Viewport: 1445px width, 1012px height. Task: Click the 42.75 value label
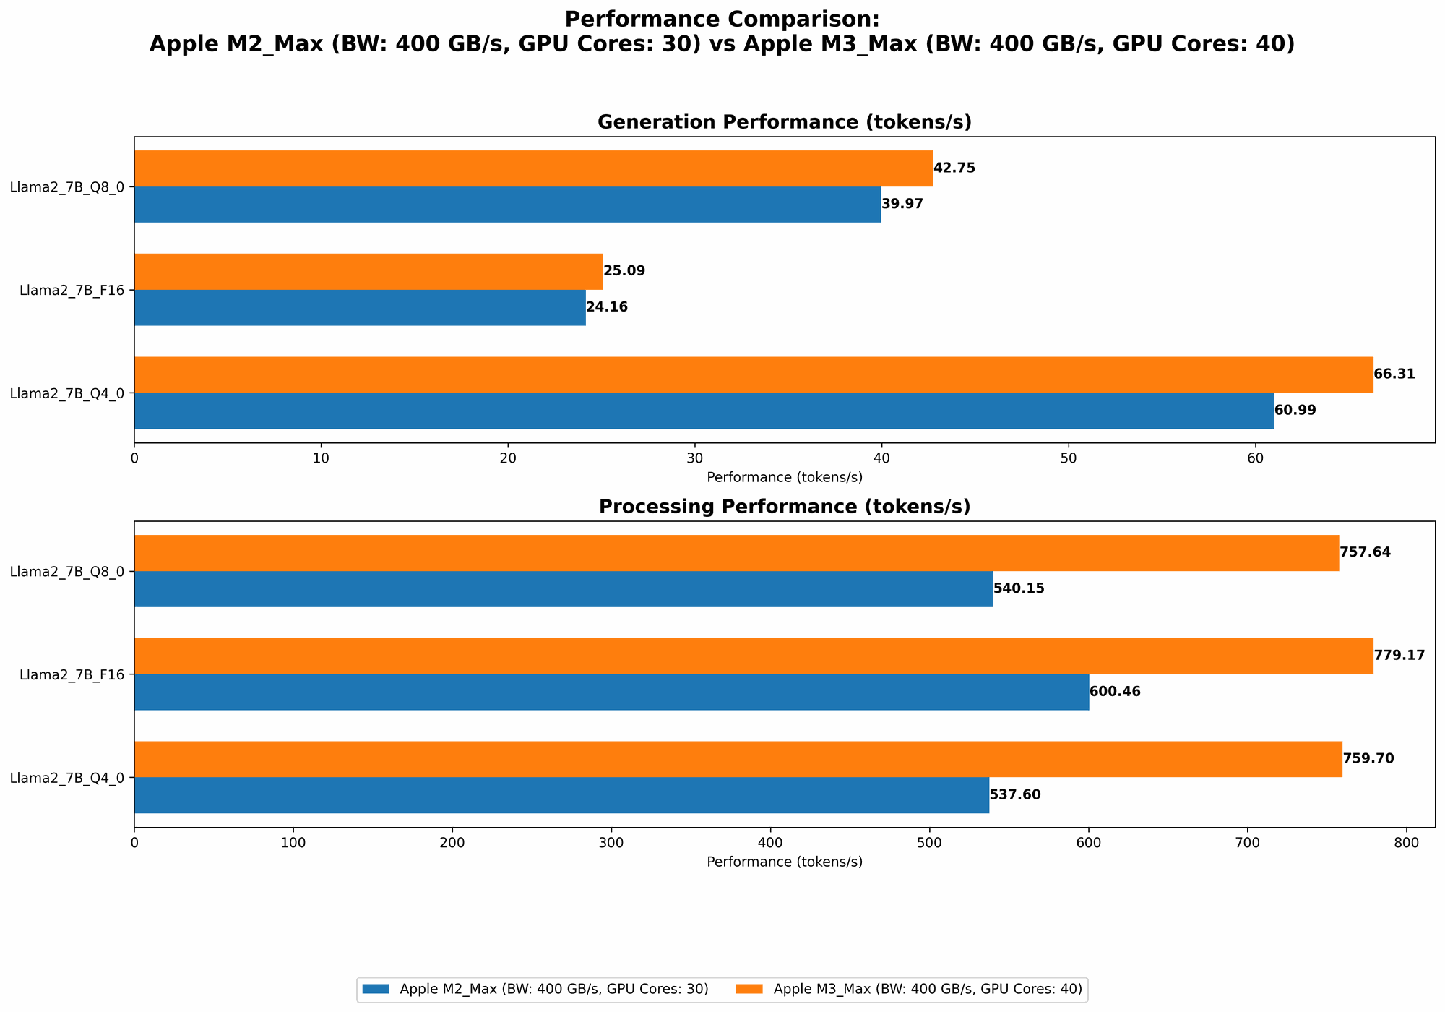(x=954, y=168)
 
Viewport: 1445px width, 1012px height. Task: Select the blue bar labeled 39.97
(x=507, y=205)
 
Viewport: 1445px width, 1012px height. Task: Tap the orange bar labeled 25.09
(x=368, y=272)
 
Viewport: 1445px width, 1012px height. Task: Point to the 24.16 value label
(x=607, y=307)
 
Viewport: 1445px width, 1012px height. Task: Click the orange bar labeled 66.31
(x=754, y=374)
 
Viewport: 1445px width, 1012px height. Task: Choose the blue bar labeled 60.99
(x=704, y=411)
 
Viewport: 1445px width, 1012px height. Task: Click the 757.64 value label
(x=1365, y=553)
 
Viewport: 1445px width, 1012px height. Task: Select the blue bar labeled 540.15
(x=564, y=589)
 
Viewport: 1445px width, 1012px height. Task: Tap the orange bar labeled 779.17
(x=754, y=656)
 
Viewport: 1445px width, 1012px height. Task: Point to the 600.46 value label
(x=1115, y=692)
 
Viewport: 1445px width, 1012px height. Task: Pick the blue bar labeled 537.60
(x=561, y=795)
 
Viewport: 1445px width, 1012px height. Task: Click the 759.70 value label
(x=1368, y=759)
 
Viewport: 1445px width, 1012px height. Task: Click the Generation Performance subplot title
(x=784, y=122)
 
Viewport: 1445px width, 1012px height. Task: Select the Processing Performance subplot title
(x=784, y=507)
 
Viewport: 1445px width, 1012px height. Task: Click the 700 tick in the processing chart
(x=1247, y=842)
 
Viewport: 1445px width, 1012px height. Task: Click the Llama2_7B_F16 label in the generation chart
(x=72, y=291)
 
